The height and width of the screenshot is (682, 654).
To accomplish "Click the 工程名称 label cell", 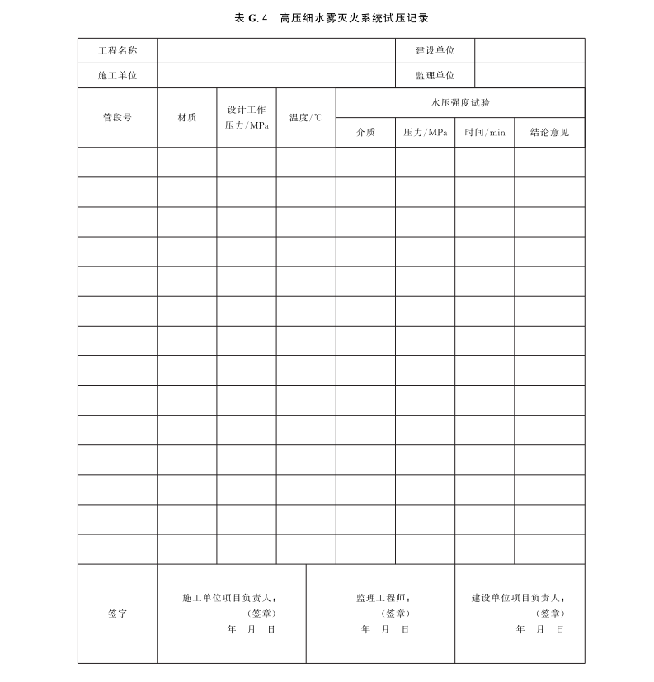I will [x=117, y=50].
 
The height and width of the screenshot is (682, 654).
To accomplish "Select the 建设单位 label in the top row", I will [x=435, y=50].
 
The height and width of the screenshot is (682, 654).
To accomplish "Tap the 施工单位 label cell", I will [x=117, y=75].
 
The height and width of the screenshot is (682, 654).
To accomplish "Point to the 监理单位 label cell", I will [x=435, y=75].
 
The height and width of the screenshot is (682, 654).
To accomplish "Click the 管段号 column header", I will [x=117, y=117].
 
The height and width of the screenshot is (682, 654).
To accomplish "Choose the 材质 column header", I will [x=187, y=117].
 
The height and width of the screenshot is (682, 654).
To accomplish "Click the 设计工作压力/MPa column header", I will [x=247, y=117].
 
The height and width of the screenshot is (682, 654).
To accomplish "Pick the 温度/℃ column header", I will [x=306, y=117].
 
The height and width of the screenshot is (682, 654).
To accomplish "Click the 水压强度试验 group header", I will [x=460, y=102].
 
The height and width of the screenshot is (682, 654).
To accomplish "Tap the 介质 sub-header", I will [x=365, y=132].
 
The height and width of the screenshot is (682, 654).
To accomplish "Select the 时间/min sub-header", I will [x=485, y=132].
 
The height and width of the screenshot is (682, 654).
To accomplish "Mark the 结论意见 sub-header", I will [x=549, y=132].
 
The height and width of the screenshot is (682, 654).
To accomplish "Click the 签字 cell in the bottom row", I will [x=117, y=614].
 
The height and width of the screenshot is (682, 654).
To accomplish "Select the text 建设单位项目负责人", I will [x=519, y=598].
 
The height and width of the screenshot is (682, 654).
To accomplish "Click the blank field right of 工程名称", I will [x=276, y=50].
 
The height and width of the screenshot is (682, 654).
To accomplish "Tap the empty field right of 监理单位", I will [x=529, y=75].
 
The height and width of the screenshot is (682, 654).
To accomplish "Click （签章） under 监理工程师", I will [x=395, y=614].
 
